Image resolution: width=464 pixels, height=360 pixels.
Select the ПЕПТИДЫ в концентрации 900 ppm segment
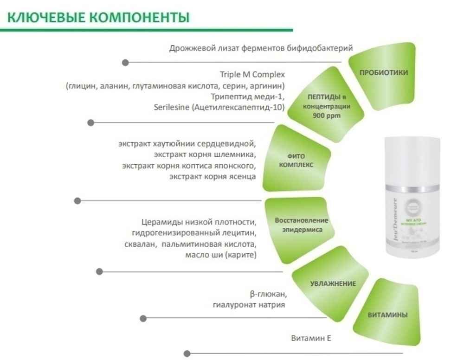[x=328, y=106]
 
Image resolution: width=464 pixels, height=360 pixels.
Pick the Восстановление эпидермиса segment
[x=301, y=225]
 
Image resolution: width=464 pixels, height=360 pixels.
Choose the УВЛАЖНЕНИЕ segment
[x=333, y=283]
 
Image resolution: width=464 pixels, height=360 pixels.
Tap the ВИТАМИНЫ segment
[x=387, y=315]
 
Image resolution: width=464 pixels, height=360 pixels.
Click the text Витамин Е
[x=311, y=338]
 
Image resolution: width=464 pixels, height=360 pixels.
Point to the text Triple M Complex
[x=252, y=75]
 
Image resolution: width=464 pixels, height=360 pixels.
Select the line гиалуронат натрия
[x=249, y=305]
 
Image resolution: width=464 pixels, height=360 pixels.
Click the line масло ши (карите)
[x=220, y=255]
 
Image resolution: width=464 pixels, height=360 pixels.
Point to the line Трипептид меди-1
[x=247, y=96]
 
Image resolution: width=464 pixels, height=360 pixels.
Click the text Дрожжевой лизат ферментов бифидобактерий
[x=261, y=48]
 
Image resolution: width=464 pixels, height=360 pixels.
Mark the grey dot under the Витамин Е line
[x=187, y=353]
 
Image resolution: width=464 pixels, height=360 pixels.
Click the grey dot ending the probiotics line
[x=125, y=62]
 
